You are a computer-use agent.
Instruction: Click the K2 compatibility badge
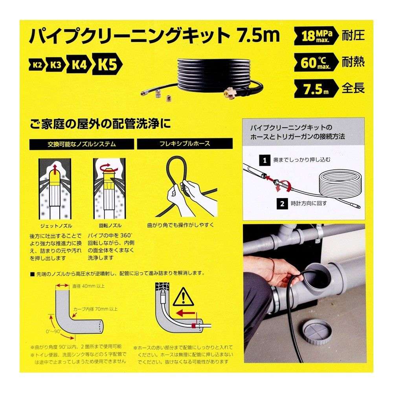point(37,65)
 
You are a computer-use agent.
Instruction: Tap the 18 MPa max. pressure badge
point(315,36)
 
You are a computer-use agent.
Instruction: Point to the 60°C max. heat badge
point(315,62)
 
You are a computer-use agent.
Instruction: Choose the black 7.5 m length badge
point(315,88)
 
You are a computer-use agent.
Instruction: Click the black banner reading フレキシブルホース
point(185,144)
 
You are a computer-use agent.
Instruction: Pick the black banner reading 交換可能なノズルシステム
point(82,144)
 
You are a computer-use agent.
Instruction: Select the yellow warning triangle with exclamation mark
point(184,298)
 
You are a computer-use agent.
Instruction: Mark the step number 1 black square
point(265,160)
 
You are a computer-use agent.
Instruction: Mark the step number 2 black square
point(282,204)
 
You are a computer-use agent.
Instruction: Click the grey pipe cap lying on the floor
point(317,335)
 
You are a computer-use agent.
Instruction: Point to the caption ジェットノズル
point(56,226)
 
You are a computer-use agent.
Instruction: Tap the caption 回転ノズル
point(110,226)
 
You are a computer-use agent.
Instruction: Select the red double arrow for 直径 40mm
point(62,285)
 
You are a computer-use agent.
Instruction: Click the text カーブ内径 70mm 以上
point(95,309)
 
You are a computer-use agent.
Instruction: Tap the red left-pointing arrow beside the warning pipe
point(185,313)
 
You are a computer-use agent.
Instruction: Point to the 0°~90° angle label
point(53,331)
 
